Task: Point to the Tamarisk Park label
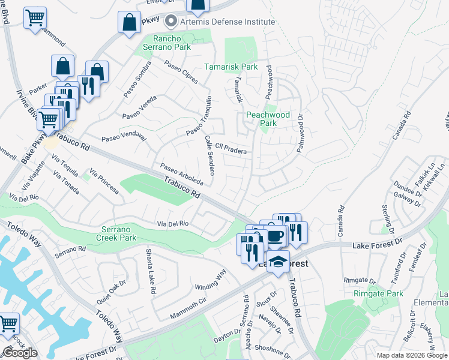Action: click(x=231, y=67)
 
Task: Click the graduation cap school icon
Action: click(x=278, y=262)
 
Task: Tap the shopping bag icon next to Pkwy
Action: click(x=129, y=23)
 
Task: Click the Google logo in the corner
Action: click(x=20, y=353)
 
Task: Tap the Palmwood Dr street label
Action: click(x=300, y=133)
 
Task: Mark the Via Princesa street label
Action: click(x=104, y=181)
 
